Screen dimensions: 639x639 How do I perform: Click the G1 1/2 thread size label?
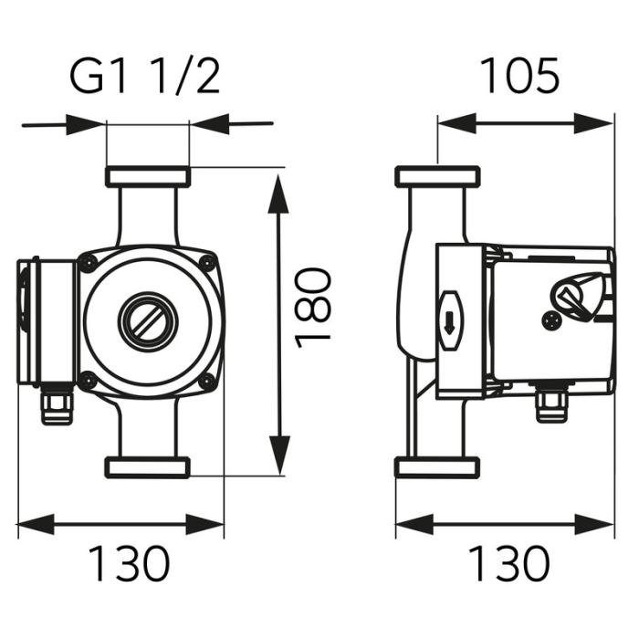point(146,79)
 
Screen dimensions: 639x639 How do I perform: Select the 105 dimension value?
point(519,78)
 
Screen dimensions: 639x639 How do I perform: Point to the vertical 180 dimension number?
point(313,305)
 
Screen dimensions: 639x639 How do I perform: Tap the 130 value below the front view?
point(129,564)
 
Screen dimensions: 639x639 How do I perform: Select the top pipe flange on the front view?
point(147,176)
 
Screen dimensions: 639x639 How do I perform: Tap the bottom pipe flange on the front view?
point(147,467)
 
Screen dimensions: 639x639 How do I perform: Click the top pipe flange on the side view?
point(436,176)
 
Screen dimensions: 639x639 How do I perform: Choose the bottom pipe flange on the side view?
point(436,467)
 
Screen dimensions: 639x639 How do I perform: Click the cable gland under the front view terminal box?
point(57,404)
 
